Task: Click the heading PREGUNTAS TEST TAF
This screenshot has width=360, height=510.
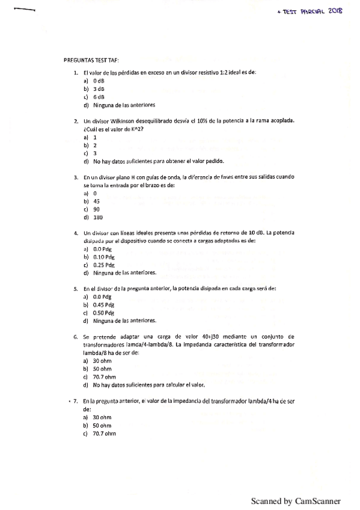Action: [91, 61]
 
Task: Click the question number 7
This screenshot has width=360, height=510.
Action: [74, 400]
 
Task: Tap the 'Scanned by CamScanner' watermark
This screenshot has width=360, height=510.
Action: [296, 500]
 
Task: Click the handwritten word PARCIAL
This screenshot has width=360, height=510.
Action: [310, 11]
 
